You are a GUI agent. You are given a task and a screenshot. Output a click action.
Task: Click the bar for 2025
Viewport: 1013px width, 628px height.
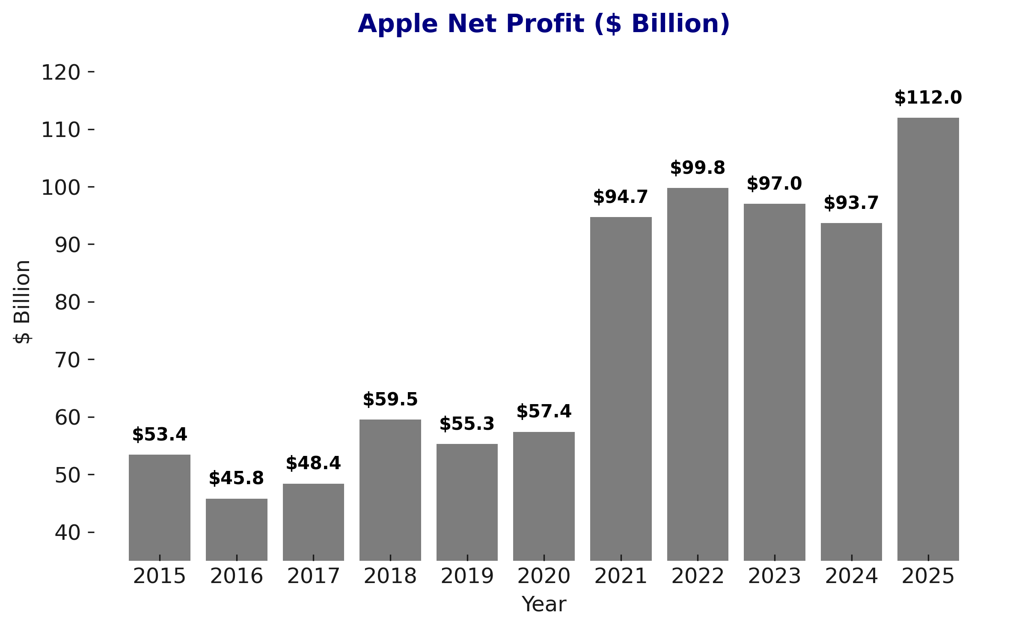928,339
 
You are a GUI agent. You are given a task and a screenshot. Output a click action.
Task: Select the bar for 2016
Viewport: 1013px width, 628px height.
236,529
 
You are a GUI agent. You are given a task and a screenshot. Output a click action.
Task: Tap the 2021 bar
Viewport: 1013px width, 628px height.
621,388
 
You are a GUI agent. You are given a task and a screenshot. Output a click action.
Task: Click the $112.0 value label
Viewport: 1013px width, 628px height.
928,98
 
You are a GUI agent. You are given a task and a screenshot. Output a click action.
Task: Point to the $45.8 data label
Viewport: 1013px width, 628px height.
236,479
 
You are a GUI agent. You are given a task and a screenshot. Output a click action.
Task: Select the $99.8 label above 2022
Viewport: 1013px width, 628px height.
697,168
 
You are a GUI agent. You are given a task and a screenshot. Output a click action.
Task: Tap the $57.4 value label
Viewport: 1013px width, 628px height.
544,412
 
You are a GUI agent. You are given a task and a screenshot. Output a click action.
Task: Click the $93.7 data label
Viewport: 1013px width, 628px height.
851,203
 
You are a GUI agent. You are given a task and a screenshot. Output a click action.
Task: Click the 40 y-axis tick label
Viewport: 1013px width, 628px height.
68,533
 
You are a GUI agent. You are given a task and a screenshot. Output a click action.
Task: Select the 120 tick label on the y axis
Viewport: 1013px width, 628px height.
61,73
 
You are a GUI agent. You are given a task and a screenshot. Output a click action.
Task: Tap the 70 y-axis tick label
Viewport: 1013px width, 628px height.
68,360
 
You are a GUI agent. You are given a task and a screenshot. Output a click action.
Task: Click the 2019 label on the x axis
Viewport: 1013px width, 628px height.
467,576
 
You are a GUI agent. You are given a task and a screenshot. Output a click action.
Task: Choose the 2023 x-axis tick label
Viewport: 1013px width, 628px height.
774,576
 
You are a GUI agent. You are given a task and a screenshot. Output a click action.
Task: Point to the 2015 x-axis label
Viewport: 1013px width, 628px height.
159,576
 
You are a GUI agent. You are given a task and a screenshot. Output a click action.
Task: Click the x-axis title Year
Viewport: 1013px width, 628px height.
544,604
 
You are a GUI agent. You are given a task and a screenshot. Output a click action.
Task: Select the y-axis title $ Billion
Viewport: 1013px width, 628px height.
22,302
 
